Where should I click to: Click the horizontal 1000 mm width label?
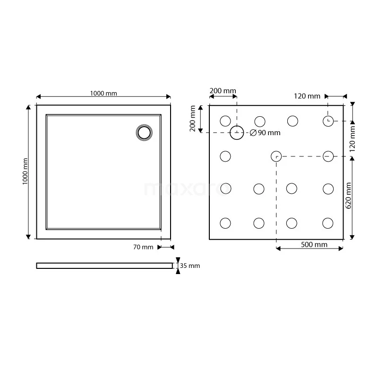[103, 93]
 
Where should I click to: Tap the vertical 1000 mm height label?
[25, 172]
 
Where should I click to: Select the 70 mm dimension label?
[143, 247]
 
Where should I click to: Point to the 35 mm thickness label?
[190, 266]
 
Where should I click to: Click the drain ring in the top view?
[144, 126]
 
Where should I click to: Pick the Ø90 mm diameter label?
[265, 133]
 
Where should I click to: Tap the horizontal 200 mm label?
[223, 91]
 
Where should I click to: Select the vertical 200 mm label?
[192, 119]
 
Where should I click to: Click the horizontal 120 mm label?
[307, 96]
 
